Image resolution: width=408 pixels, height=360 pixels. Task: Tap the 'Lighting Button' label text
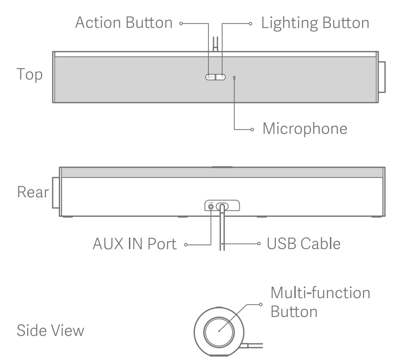316,23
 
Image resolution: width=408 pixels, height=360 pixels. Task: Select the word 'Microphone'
305,128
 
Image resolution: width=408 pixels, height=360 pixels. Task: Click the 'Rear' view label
32,192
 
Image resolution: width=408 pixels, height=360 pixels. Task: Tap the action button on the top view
210,77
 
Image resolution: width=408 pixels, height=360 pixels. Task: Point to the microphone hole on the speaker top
234,77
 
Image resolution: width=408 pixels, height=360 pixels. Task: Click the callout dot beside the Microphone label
252,129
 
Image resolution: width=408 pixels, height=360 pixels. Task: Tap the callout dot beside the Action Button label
182,23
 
